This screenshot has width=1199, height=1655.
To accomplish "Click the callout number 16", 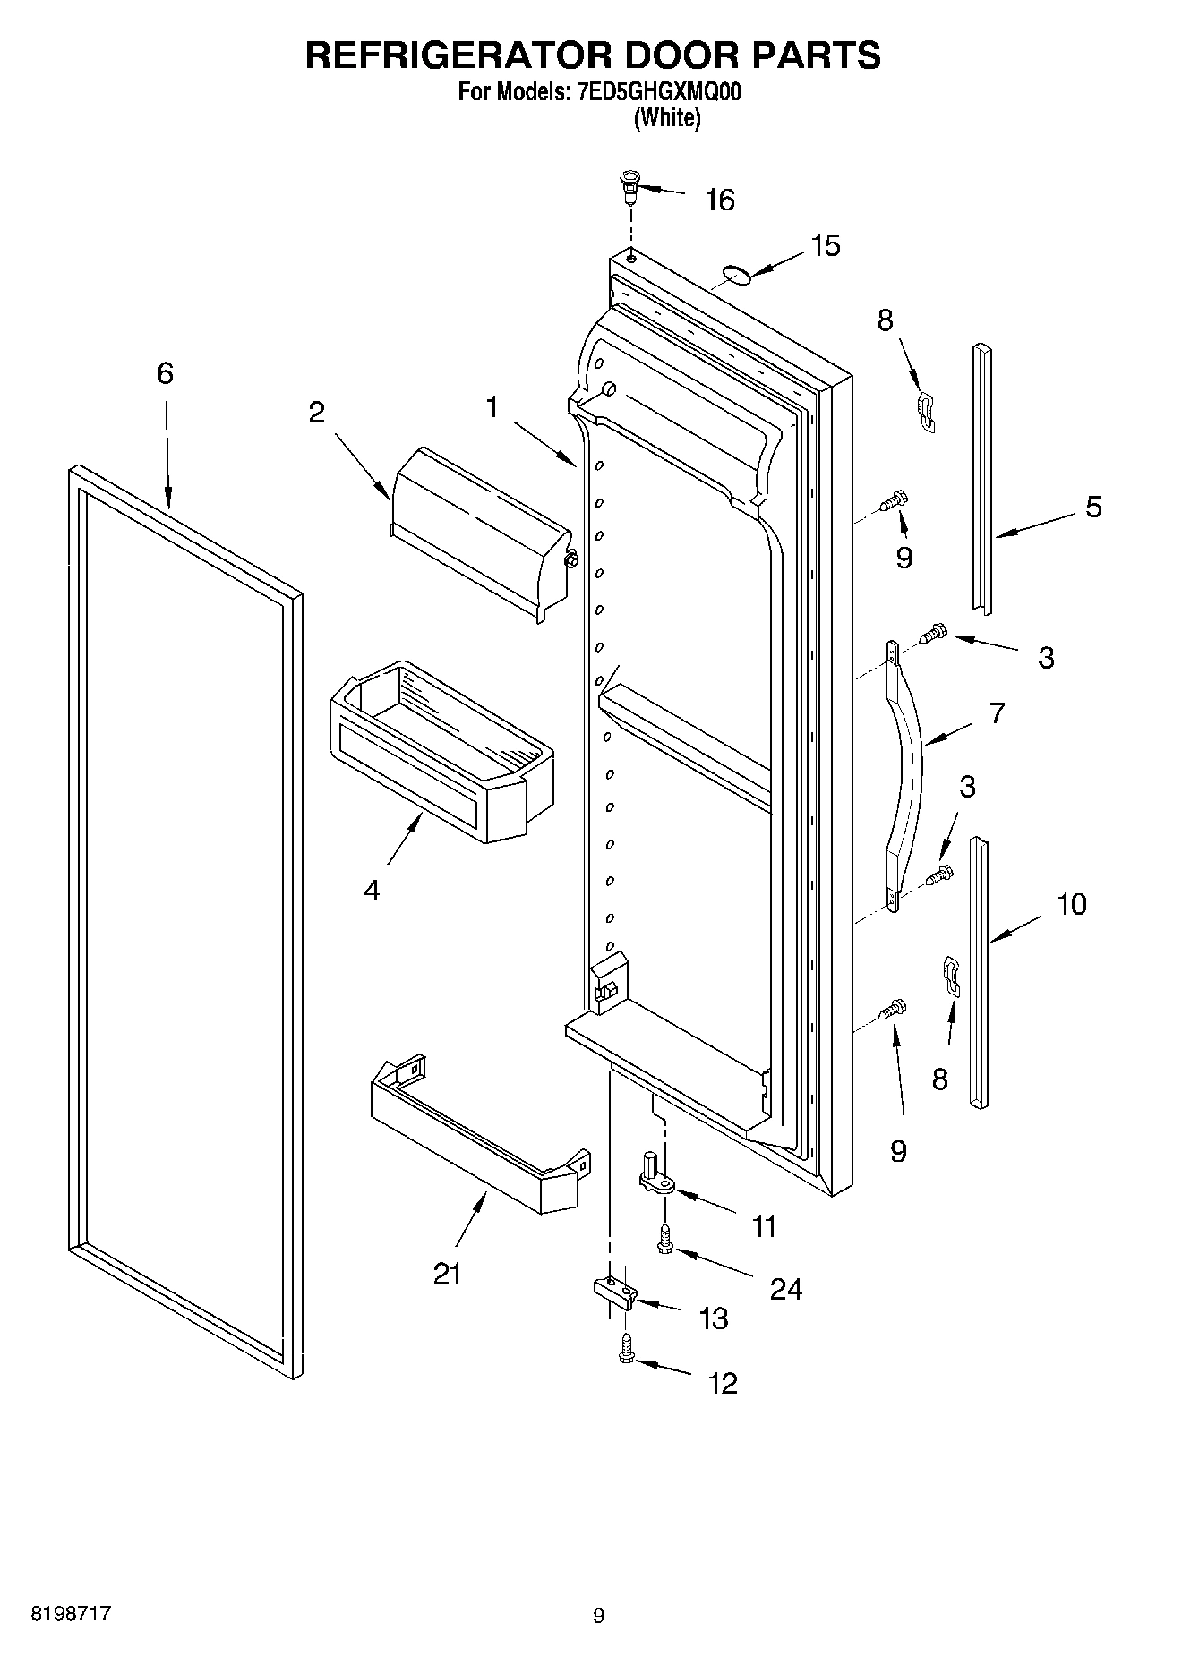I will click(x=720, y=200).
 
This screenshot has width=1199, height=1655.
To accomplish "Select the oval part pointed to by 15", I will click(x=737, y=274).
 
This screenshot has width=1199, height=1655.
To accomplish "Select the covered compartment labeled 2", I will click(x=479, y=531).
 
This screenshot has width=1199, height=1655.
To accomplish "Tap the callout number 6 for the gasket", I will click(x=165, y=373).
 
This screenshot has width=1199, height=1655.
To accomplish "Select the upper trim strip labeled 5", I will click(x=983, y=479).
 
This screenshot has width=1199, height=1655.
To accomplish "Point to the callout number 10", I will click(x=1071, y=904).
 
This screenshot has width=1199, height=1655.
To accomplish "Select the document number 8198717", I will click(x=71, y=1614).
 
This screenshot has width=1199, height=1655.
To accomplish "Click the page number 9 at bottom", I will click(x=599, y=1616).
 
